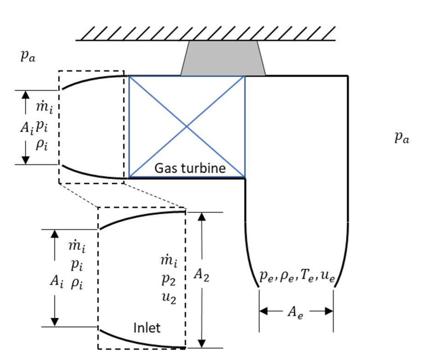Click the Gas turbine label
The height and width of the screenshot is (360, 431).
point(190,168)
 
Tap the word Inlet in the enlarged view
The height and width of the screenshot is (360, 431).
point(147,328)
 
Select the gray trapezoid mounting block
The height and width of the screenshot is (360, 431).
point(223,59)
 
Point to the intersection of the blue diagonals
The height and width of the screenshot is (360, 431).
point(186,126)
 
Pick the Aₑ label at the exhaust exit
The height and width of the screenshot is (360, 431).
point(295,312)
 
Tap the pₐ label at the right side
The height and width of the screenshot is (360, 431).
point(402,137)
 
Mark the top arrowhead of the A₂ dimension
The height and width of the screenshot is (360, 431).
point(201,217)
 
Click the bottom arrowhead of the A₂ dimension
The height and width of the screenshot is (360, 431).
point(201,343)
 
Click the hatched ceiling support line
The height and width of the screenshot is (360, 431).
point(205,35)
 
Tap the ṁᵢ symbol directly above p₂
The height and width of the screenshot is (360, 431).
point(169,262)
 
